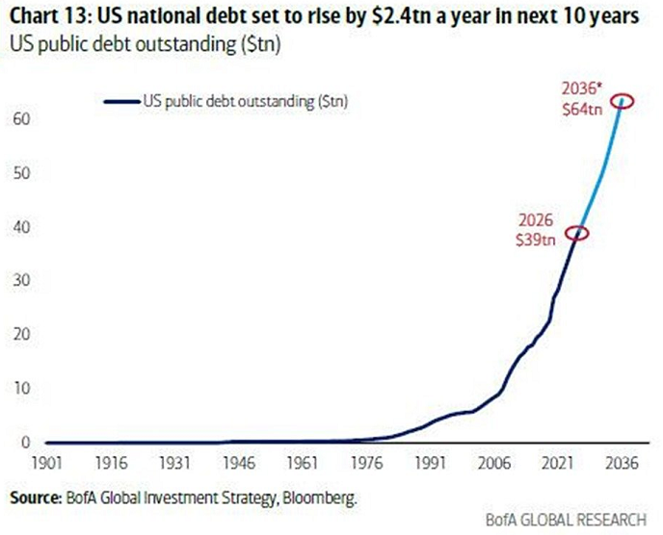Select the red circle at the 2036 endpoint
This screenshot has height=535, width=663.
point(623,99)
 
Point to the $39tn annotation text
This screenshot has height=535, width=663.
point(534,241)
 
